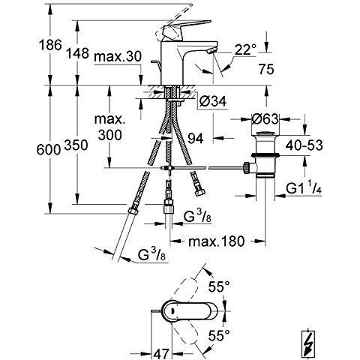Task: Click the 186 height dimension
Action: (x=50, y=45)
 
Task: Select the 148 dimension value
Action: (x=77, y=53)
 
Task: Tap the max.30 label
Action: (x=118, y=56)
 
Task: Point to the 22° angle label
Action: (x=246, y=49)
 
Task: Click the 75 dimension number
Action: (x=266, y=69)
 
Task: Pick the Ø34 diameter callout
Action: (x=213, y=101)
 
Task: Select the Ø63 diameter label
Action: (x=265, y=119)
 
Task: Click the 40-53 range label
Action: (x=304, y=145)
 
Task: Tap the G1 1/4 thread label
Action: (x=304, y=189)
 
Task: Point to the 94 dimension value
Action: (x=196, y=138)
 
